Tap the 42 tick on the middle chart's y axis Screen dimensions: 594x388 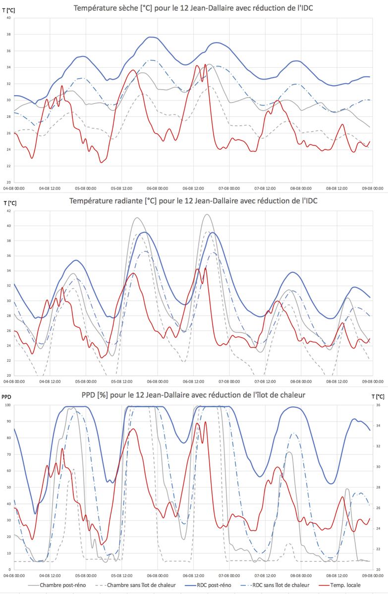(x=8, y=211)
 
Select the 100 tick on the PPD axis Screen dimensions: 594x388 (x=7, y=405)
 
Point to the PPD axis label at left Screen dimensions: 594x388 (x=6, y=396)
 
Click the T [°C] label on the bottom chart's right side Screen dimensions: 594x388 (x=379, y=396)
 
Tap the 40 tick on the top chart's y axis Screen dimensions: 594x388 (x=8, y=18)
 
